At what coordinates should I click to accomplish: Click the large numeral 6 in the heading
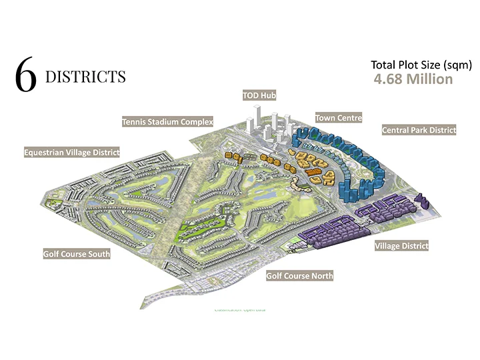point(25,77)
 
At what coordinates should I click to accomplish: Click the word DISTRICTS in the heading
point(85,77)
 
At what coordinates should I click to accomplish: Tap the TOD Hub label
point(259,96)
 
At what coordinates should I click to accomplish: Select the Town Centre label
point(339,118)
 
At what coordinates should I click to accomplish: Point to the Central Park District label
point(419,130)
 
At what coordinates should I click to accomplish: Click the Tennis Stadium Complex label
point(167,122)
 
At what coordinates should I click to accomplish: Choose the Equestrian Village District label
point(71,152)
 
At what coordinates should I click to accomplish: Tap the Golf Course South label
point(77,254)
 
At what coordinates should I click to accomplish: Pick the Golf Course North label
point(299,275)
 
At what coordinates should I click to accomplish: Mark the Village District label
point(401,246)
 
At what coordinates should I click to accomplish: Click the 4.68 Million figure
point(413,79)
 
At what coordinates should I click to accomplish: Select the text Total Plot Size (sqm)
point(421,65)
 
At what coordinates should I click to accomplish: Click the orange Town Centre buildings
point(310,163)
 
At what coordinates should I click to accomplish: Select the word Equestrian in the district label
point(45,152)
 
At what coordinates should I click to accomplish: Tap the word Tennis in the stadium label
point(134,122)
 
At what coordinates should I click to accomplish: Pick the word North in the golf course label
point(321,275)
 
